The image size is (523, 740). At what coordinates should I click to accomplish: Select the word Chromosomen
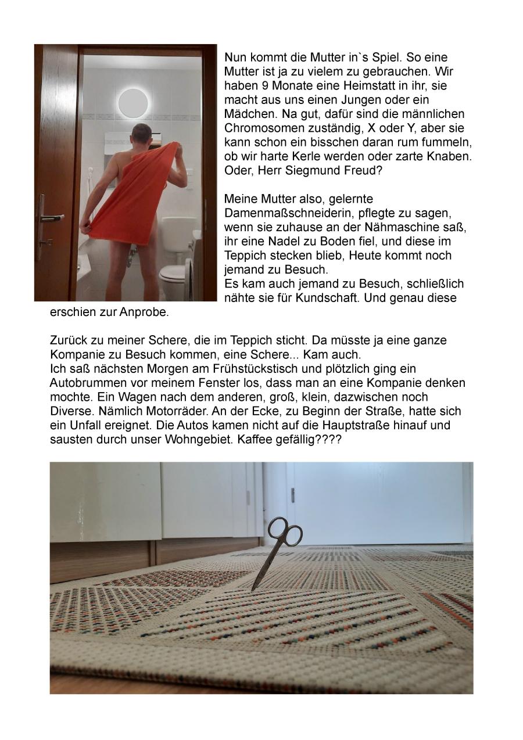[x=260, y=128]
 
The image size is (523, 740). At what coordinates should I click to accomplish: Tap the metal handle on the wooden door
[x=51, y=218]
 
